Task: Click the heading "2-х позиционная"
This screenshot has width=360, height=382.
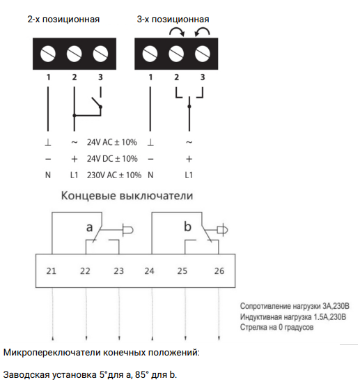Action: [63, 20]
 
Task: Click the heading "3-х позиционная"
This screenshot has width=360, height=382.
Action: [173, 20]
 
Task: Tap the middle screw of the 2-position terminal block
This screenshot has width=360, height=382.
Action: [75, 54]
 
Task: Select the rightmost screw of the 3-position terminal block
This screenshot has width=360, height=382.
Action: [202, 54]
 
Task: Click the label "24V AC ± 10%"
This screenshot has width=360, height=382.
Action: [112, 142]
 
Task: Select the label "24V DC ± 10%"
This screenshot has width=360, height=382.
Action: [112, 159]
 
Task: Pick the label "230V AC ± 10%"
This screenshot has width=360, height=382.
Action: [114, 175]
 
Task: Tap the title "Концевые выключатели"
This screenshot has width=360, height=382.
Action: [127, 196]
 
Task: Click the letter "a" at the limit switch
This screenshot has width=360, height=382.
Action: [90, 227]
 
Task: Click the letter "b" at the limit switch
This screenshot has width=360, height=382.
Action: [187, 227]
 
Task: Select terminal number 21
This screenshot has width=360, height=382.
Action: [51, 271]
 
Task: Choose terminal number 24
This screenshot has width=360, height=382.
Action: [149, 271]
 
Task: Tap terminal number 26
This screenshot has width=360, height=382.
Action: [219, 271]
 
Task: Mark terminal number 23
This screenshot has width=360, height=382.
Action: [119, 271]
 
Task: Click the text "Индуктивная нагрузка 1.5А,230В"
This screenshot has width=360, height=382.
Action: [293, 317]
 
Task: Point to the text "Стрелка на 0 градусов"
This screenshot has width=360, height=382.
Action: [276, 327]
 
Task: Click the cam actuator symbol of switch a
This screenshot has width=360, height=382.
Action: [128, 230]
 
